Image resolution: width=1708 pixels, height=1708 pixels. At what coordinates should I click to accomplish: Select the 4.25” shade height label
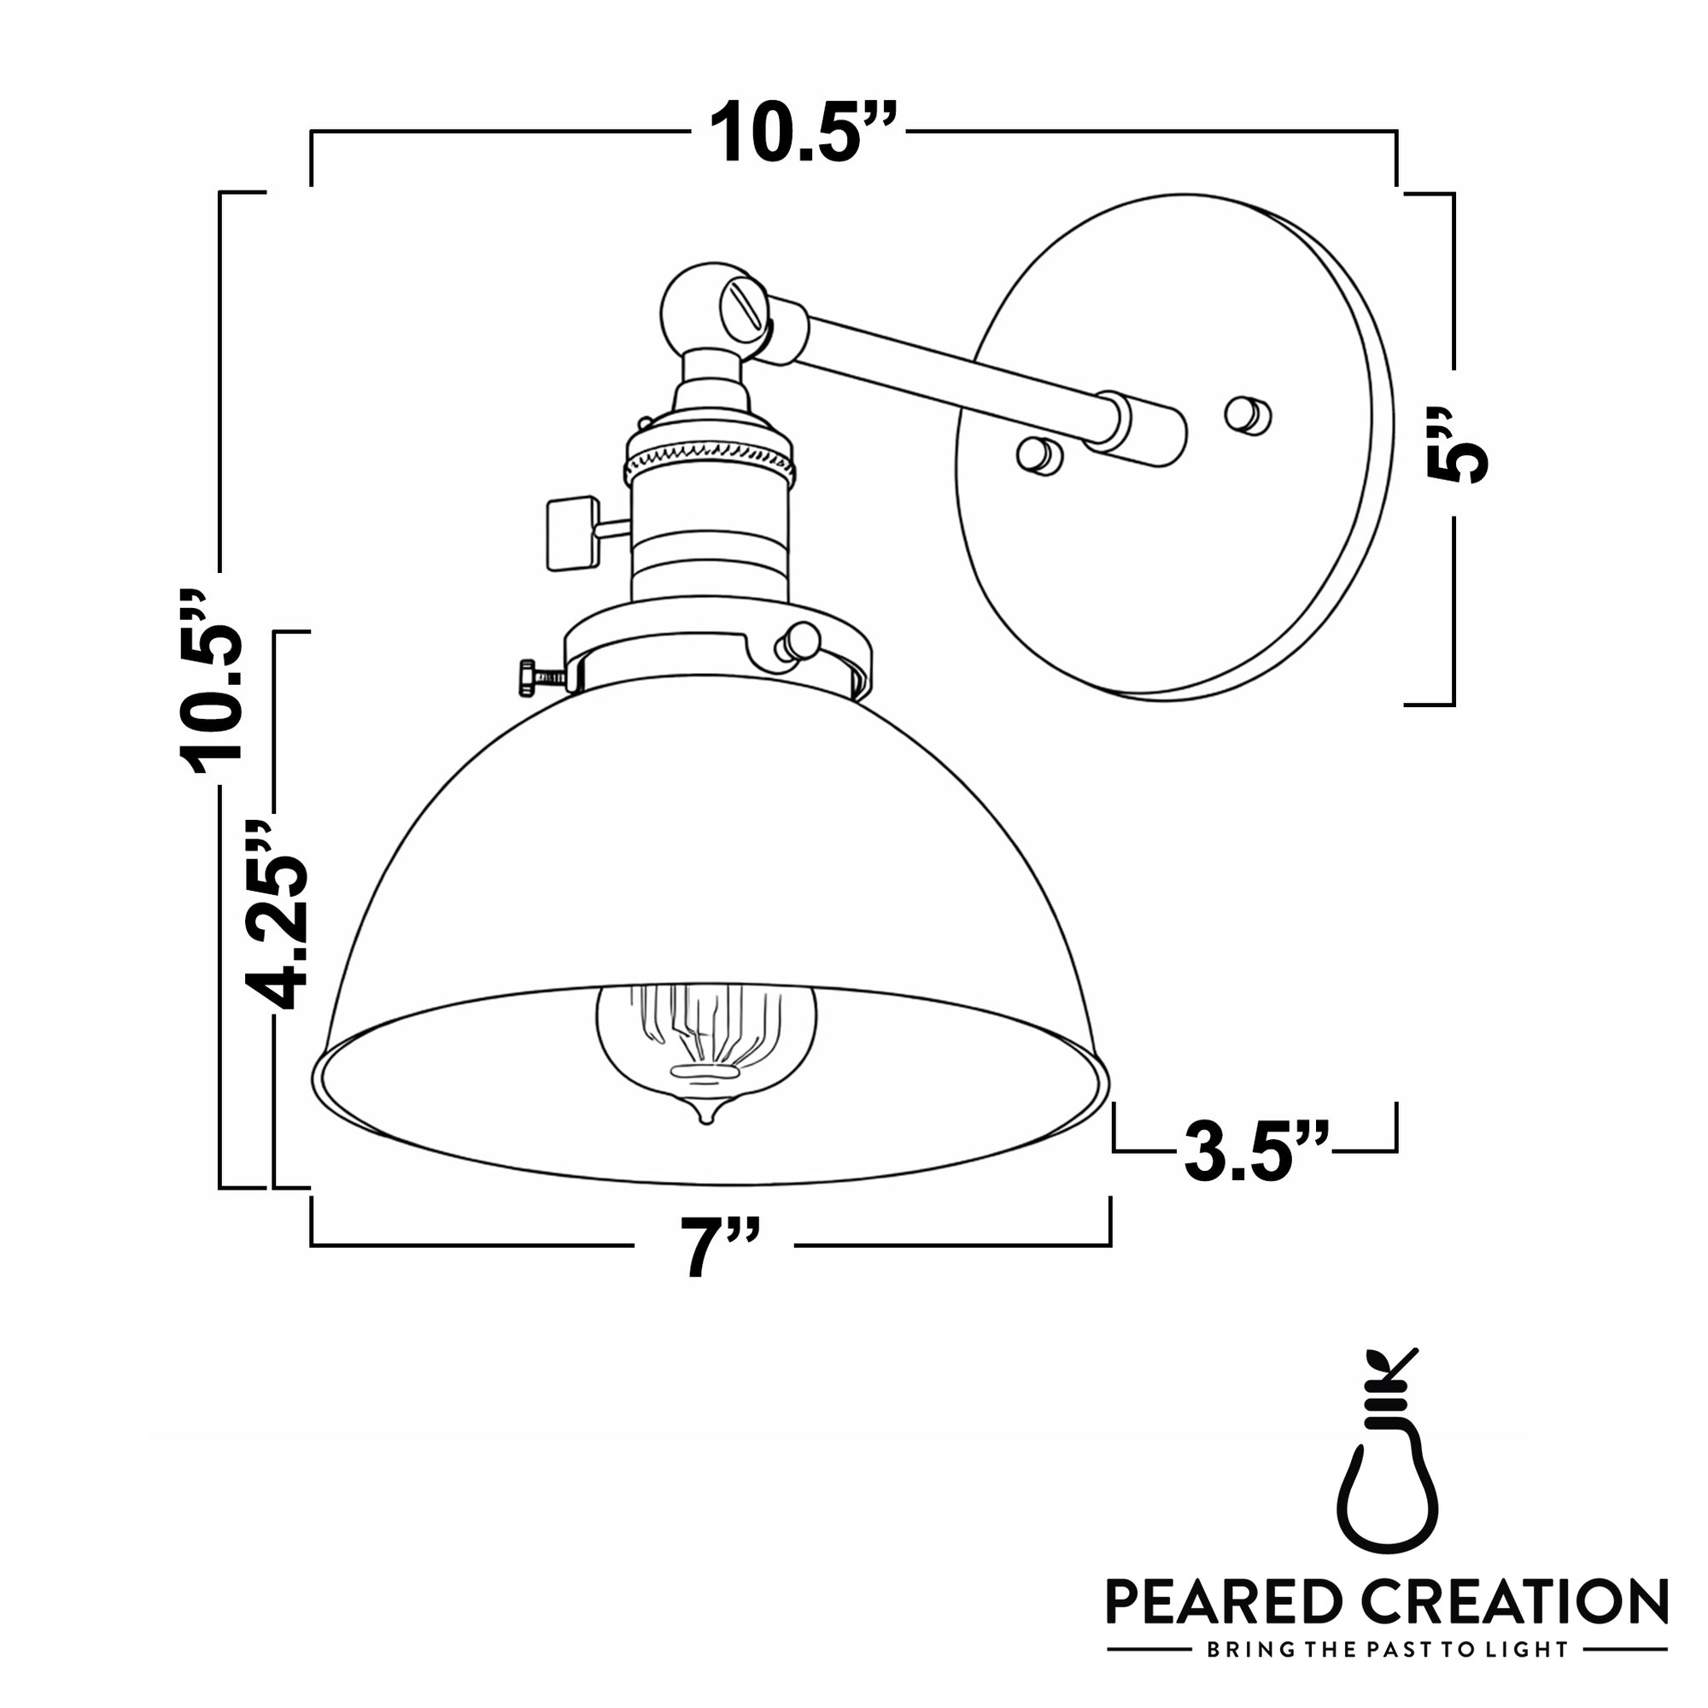click(x=276, y=915)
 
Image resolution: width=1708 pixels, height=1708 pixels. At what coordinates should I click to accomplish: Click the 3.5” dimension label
click(x=1256, y=1152)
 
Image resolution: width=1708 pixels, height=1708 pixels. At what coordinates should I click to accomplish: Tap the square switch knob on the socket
click(x=571, y=533)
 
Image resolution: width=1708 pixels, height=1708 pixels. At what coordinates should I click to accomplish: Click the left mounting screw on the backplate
click(x=1038, y=454)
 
